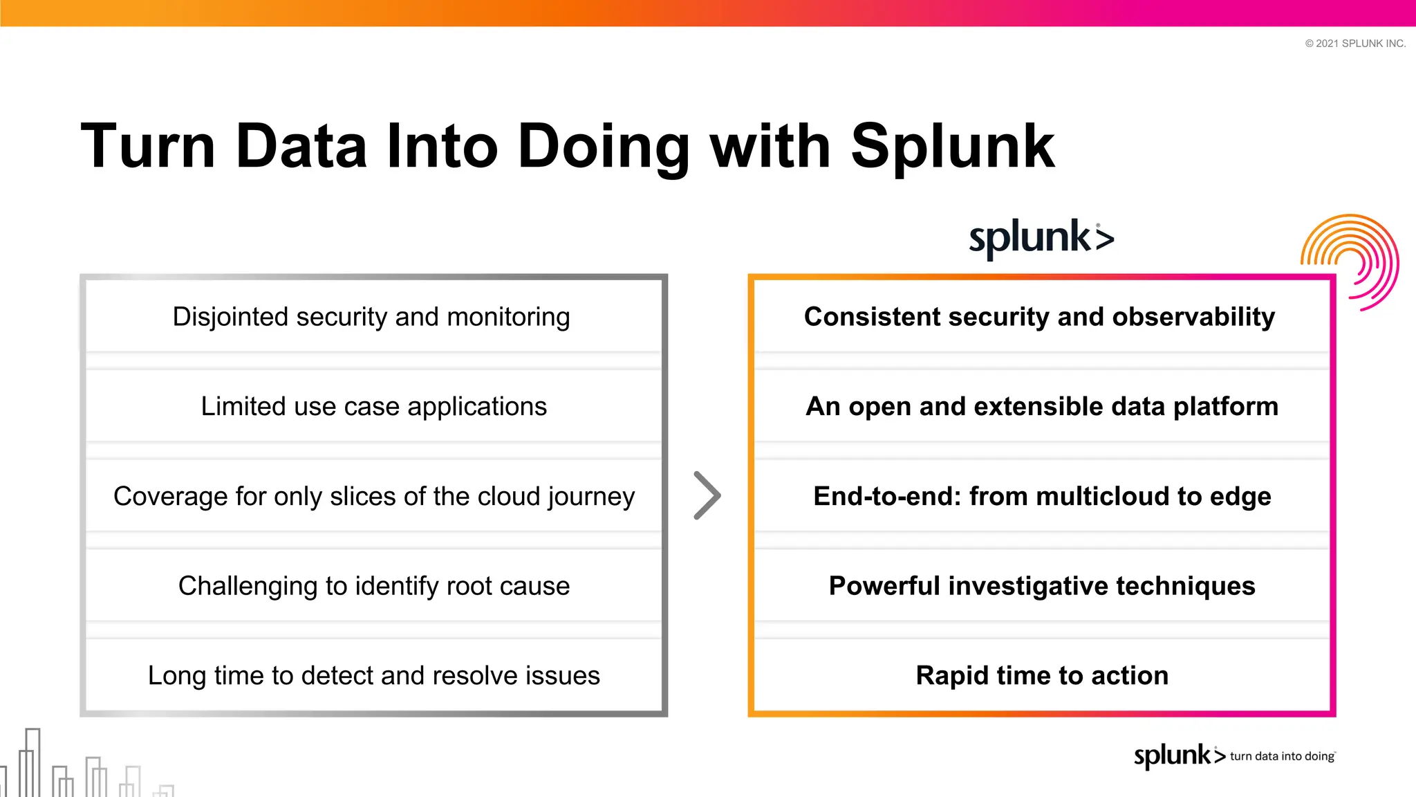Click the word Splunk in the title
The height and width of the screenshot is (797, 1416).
[x=952, y=147]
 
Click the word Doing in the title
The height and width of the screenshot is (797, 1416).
[x=603, y=147]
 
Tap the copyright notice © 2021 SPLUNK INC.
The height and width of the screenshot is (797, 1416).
[x=1354, y=44]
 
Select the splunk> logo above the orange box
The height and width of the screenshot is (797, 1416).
[x=1041, y=238]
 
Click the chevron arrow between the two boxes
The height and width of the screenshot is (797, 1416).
[x=707, y=495]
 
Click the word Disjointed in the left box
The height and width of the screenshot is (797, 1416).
[x=230, y=317]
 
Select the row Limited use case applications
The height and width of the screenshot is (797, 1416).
[x=373, y=406]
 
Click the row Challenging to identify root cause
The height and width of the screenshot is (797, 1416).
[x=373, y=586]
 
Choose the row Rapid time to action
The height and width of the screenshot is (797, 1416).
[x=1041, y=676]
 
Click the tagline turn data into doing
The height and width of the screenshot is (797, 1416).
[x=1282, y=756]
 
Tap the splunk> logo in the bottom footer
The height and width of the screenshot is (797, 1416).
[x=1178, y=755]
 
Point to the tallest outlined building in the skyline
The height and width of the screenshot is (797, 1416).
[x=32, y=761]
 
